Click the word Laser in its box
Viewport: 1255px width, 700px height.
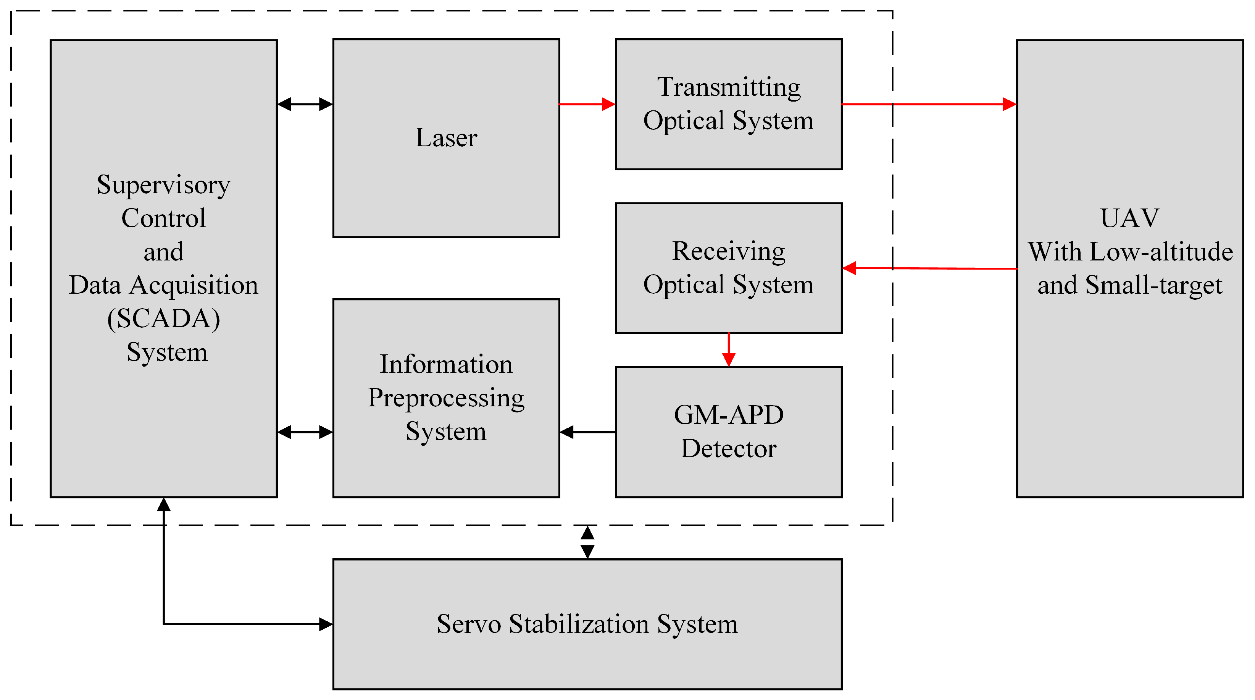446,137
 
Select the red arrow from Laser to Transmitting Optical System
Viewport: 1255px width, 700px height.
587,104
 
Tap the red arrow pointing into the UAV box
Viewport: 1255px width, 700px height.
928,104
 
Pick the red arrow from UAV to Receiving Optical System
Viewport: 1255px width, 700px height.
928,268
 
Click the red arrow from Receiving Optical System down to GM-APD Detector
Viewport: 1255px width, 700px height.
728,350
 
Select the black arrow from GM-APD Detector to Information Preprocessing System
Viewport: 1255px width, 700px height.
587,432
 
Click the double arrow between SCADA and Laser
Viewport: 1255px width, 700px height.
305,104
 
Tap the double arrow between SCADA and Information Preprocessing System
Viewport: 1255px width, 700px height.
305,432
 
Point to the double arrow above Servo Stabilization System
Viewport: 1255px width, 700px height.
587,542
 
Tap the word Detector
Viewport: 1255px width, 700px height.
729,448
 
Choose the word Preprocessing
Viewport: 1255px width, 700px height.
446,398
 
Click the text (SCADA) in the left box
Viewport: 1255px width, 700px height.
164,318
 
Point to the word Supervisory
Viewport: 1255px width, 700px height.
164,185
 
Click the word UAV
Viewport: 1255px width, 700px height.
1129,218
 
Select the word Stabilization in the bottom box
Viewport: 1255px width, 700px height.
579,624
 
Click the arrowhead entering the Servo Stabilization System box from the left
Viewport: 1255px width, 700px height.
326,624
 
